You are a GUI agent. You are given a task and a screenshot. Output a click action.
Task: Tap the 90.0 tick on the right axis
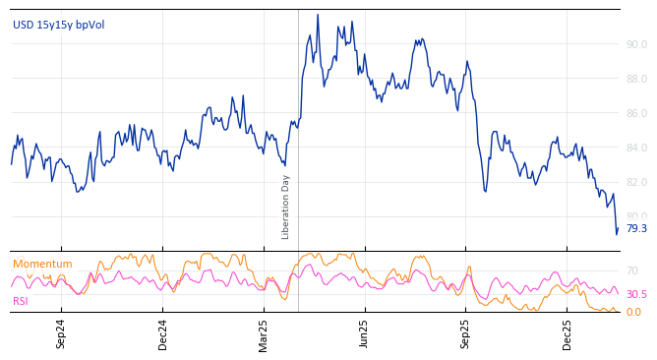click(635, 44)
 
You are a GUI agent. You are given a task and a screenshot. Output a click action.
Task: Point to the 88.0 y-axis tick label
click(635, 79)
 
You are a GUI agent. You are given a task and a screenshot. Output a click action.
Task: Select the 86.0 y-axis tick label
click(635, 113)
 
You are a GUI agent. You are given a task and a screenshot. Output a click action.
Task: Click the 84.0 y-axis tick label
click(635, 148)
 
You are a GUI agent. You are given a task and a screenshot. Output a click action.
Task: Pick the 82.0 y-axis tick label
click(635, 182)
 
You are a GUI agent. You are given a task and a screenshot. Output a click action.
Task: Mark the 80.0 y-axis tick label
click(635, 216)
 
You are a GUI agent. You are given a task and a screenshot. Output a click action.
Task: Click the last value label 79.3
click(636, 228)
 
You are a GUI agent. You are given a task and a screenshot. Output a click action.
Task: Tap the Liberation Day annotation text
click(286, 207)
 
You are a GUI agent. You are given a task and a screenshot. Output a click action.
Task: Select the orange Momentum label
click(42, 264)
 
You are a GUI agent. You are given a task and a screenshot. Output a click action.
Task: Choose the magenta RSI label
click(21, 301)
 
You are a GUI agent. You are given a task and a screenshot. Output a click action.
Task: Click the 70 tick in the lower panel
click(632, 270)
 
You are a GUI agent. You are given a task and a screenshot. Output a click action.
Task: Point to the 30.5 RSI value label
click(636, 294)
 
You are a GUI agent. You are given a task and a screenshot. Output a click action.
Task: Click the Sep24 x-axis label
click(61, 334)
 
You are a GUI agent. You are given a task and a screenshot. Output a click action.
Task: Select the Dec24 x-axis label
click(163, 334)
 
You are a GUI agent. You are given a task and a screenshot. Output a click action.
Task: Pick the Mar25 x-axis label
click(264, 334)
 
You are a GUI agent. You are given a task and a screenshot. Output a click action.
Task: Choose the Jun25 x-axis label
click(364, 334)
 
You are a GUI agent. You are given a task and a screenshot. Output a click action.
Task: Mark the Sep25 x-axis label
click(465, 334)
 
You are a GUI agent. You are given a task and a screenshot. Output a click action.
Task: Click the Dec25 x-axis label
click(567, 334)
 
